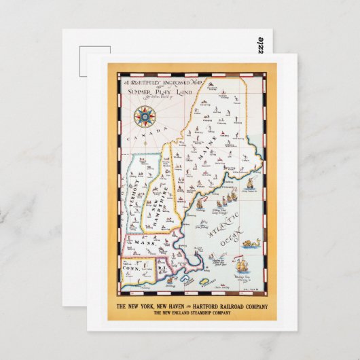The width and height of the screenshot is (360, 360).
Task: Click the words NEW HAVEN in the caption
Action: [x=167, y=305]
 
